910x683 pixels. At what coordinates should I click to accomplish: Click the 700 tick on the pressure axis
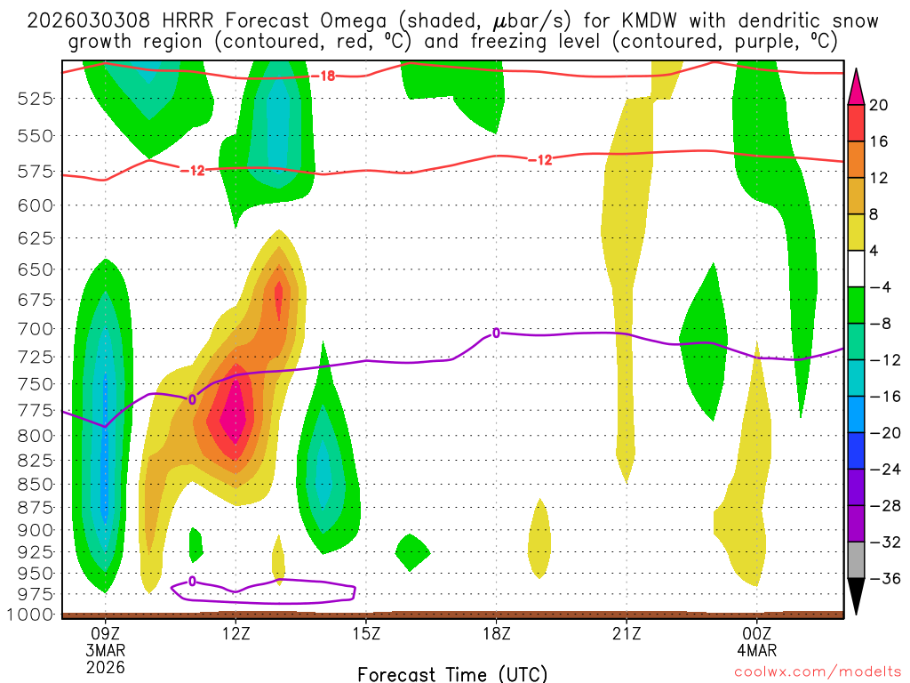36,329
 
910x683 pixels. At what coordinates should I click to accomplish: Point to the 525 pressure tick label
36,98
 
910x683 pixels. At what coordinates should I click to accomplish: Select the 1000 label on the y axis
32,614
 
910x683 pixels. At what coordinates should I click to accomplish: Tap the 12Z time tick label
235,633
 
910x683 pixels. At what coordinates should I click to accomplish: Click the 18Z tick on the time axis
496,633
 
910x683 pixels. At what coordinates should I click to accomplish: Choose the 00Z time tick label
757,633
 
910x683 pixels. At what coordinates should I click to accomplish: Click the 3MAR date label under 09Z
106,650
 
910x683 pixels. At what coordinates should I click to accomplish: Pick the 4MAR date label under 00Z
757,650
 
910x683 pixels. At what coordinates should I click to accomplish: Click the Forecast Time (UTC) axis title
452,673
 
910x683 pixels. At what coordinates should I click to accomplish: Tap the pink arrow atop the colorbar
857,86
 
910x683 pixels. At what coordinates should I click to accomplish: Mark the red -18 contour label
327,76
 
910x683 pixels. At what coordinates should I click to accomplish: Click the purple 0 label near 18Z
496,333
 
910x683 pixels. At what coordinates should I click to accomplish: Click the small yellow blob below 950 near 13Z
278,558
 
